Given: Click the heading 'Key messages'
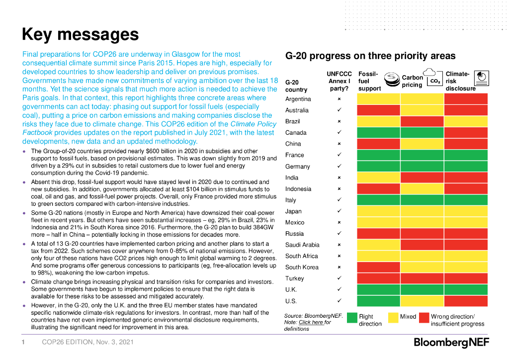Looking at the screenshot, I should pos(80,34).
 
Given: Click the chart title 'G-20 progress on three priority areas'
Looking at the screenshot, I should pos(370,56).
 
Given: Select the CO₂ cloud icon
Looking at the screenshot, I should pos(432,77).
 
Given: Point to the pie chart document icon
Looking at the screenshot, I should pos(481,77).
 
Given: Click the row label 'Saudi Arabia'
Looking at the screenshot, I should pos(302,245).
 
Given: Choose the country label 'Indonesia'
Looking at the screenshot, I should pos(298,189).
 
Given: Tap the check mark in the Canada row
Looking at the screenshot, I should pos(339,132).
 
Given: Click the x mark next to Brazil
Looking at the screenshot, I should pos(339,121).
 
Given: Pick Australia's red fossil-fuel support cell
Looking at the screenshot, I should pos(378,110).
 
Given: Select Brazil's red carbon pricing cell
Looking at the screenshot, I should pos(422,121).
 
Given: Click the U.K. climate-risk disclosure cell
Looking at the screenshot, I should pos(466,289).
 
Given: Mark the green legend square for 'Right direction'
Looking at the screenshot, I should pos(352,318).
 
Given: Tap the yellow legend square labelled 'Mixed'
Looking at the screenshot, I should pos(393,318).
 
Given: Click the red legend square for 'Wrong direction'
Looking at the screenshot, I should pos(424,318).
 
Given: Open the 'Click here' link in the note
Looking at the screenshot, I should pos(311,322).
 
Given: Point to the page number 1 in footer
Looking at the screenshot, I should pos(23,342).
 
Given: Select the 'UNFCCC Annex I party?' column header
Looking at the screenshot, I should pos(339,81).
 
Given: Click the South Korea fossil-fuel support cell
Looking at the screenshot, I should pos(378,267).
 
